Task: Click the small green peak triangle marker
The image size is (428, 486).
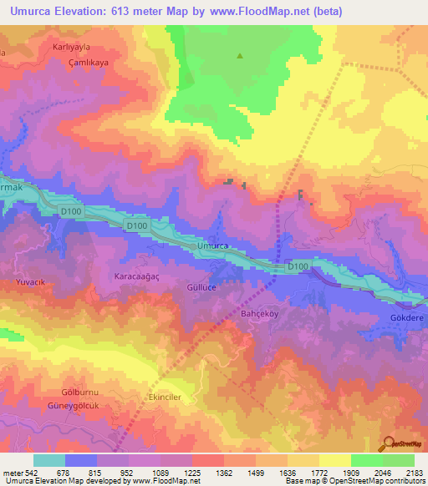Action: tap(240, 57)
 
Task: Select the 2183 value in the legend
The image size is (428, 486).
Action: tap(413, 473)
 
